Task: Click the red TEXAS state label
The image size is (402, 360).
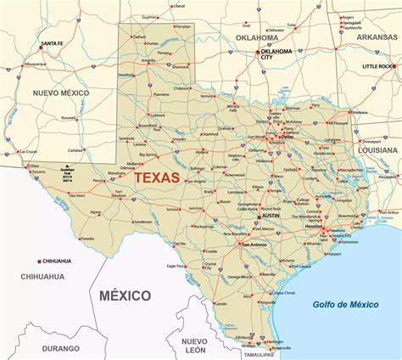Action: pyautogui.click(x=157, y=178)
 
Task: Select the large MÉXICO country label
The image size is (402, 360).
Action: pyautogui.click(x=124, y=295)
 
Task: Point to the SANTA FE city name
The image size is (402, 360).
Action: pyautogui.click(x=53, y=43)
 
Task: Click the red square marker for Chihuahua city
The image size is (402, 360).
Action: pyautogui.click(x=40, y=260)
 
